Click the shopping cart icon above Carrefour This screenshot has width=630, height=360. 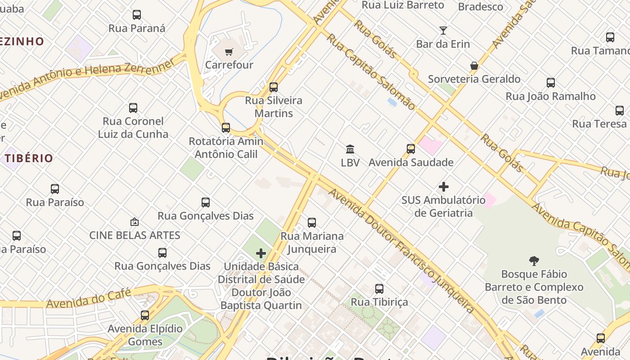(x=229, y=52)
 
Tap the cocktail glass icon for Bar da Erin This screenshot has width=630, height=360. (x=443, y=31)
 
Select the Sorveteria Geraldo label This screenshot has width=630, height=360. (x=474, y=79)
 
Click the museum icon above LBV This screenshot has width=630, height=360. (x=350, y=149)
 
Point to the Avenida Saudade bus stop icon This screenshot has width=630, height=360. (x=411, y=149)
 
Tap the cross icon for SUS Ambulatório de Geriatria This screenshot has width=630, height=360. (x=444, y=187)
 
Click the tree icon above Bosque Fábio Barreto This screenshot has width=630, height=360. (x=534, y=261)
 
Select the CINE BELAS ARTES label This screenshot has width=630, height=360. (x=135, y=235)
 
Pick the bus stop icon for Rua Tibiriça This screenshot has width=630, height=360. (x=379, y=289)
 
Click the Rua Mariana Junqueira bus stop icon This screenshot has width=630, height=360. (x=312, y=223)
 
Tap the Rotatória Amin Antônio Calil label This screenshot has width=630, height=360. (x=226, y=148)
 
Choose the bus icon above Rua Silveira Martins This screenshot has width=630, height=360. (x=274, y=87)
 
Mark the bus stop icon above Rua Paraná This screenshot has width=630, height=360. (x=137, y=15)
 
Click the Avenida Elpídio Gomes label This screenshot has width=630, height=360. (x=145, y=335)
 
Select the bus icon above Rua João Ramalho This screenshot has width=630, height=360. (x=551, y=83)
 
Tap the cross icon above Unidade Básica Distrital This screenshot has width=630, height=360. (x=261, y=253)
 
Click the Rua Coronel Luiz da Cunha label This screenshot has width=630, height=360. (x=133, y=128)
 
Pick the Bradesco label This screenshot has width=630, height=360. (x=481, y=7)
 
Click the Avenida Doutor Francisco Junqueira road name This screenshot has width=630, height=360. (x=400, y=250)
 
